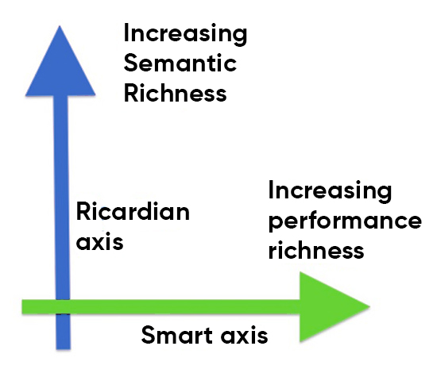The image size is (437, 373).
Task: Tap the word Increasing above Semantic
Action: [x=185, y=35]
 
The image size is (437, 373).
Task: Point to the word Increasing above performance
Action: [x=330, y=191]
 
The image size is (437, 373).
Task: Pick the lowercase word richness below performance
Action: [x=315, y=251]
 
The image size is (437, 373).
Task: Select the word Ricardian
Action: [x=133, y=212]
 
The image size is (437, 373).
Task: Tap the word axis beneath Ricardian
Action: [x=100, y=240]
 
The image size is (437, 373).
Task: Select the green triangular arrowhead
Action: [x=331, y=306]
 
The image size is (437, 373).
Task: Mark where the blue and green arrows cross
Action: [x=62, y=306]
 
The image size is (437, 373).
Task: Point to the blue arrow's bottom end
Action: [x=62, y=346]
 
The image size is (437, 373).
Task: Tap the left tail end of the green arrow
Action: [x=24, y=306]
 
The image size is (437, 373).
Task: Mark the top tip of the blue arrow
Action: [x=61, y=26]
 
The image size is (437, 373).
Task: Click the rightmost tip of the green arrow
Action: [x=370, y=306]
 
